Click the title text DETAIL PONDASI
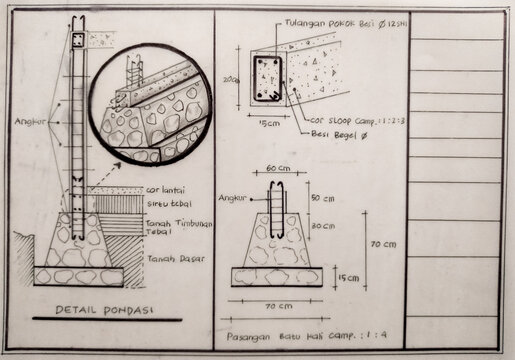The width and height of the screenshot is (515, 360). coord(96,310)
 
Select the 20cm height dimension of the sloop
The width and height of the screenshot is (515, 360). coord(232,78)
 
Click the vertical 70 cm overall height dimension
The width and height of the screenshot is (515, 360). coord(383,244)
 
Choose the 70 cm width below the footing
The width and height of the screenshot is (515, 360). coord(277,303)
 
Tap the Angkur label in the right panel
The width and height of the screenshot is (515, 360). coord(232,198)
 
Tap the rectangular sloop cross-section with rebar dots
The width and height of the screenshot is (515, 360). coord(267,80)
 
